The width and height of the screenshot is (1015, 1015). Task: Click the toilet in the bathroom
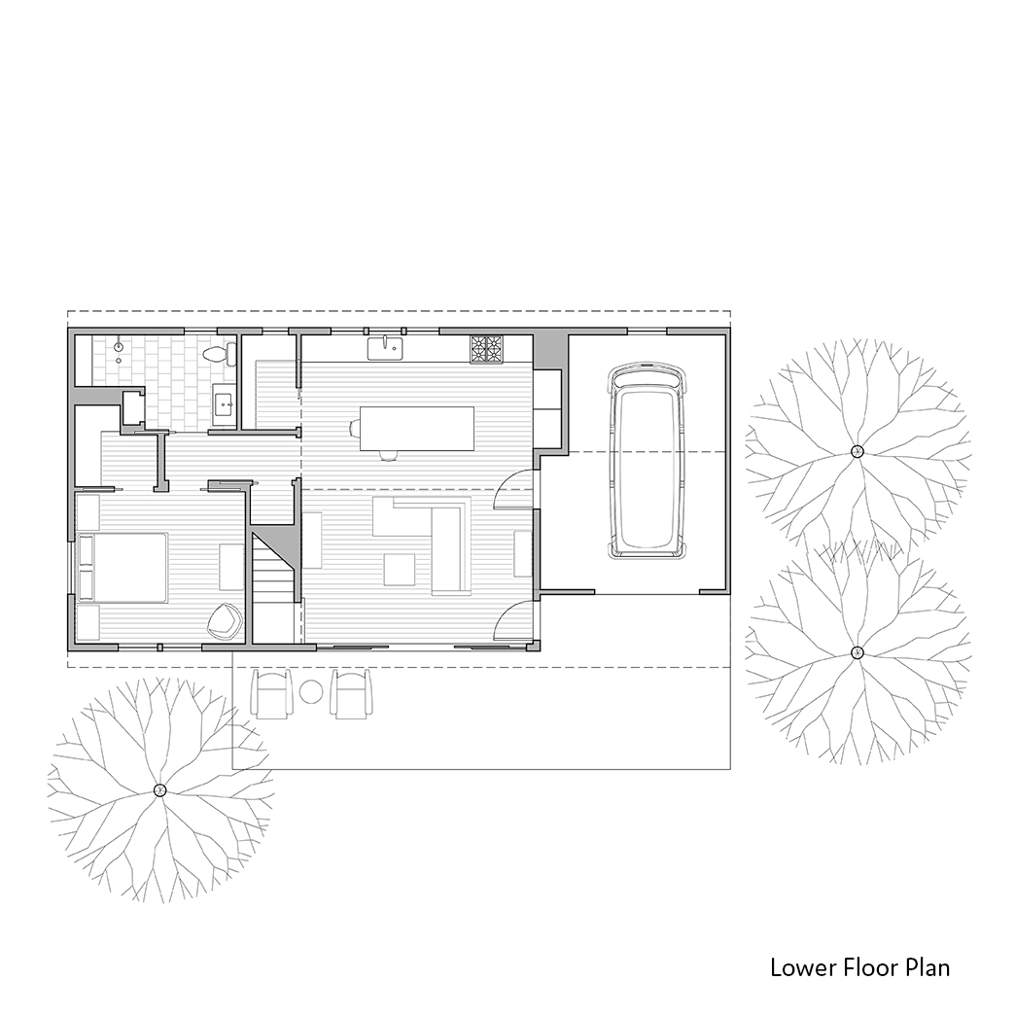tap(216, 353)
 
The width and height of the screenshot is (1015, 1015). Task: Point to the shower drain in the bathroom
tap(119, 348)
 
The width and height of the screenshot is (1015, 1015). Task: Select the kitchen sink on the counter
tap(385, 348)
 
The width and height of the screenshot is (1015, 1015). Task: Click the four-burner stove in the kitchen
tap(487, 349)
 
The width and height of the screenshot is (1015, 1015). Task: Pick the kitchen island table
tap(417, 429)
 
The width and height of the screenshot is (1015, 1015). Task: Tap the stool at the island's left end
tap(354, 428)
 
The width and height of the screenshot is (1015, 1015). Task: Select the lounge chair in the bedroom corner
tap(225, 620)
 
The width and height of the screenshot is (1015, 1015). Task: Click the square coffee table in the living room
tap(400, 570)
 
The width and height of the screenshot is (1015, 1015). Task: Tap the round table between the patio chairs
tap(311, 691)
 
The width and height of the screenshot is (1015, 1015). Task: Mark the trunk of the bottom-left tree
tap(159, 790)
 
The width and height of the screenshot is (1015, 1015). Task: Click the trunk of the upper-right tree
tap(857, 452)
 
